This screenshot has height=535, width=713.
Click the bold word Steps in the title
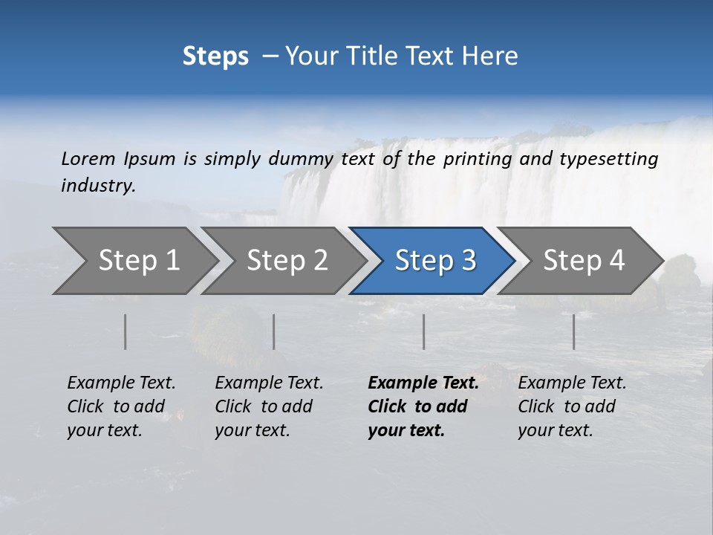(215, 56)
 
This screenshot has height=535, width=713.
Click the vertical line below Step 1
(126, 331)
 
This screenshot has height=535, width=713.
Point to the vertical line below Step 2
(274, 331)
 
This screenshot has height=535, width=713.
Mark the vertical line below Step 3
(424, 331)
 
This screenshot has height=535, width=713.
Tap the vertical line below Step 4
(574, 331)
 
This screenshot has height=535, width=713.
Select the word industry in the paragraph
(98, 186)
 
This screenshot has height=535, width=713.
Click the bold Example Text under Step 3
(423, 383)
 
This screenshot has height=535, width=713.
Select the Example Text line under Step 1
(121, 383)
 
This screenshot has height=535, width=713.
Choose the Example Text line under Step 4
(572, 383)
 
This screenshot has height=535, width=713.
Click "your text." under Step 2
(252, 430)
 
